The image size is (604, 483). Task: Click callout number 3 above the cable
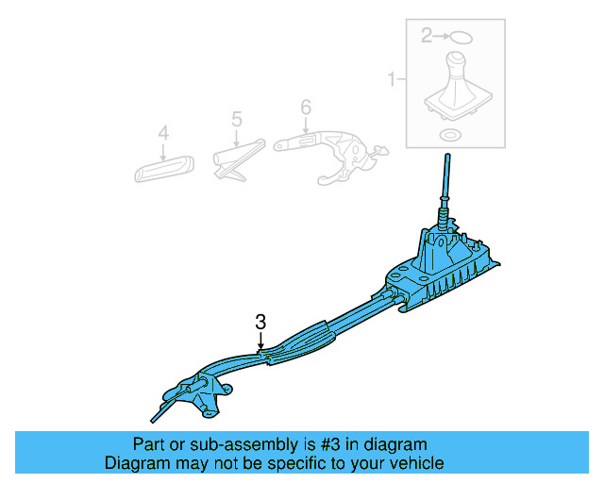point(261,322)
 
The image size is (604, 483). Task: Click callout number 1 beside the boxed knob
point(391,81)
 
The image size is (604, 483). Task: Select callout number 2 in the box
point(427,36)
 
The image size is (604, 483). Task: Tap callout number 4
point(163,134)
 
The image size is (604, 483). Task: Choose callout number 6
point(305,108)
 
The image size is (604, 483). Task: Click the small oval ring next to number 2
point(460,37)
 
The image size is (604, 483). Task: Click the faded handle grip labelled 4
point(164,169)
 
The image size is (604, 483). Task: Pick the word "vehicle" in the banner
point(416,463)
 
